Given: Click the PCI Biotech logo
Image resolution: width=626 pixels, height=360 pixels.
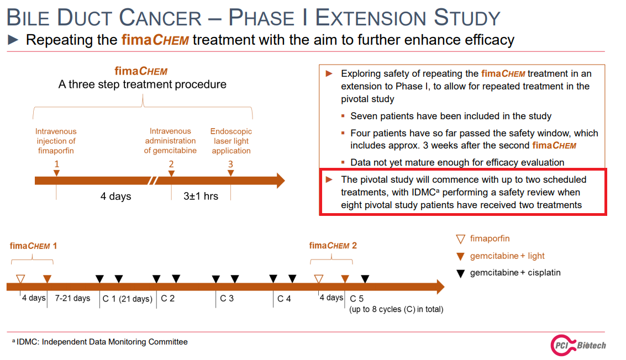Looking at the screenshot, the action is click(x=578, y=345).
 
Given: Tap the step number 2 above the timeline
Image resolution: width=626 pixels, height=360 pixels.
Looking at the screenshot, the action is click(x=171, y=164).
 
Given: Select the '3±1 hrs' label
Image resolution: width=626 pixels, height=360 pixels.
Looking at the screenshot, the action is click(x=201, y=197).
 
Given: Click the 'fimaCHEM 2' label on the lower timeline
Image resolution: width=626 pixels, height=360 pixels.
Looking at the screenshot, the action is click(x=333, y=246).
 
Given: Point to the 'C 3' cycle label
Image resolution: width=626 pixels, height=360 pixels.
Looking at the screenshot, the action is click(x=227, y=299).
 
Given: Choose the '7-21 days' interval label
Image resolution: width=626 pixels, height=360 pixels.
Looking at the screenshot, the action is click(x=73, y=298).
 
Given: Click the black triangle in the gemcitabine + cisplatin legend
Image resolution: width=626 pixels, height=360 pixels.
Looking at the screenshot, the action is click(x=461, y=273).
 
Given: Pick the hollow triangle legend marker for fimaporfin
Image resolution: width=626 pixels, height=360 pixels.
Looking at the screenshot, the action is click(x=461, y=239).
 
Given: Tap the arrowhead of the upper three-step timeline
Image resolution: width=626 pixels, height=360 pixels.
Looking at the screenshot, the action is click(x=281, y=181).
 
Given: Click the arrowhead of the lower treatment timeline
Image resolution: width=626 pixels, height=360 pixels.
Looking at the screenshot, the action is click(x=441, y=287).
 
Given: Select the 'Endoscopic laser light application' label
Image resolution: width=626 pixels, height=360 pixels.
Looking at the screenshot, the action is click(x=231, y=141).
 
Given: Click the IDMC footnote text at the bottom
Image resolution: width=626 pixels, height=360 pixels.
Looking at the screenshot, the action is click(x=100, y=342).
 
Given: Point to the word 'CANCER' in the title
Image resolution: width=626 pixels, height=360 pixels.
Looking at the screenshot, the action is click(x=160, y=18).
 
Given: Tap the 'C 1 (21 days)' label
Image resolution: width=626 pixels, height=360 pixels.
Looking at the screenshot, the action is click(x=128, y=299).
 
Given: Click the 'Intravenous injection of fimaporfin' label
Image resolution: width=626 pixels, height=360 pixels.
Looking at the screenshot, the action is click(x=56, y=141).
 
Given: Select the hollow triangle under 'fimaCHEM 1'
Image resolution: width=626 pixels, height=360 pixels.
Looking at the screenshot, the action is click(x=20, y=279).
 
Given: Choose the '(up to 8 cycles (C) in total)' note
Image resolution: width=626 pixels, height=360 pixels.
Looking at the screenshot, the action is click(x=396, y=309).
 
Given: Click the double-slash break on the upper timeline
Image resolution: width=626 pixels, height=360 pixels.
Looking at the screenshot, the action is click(x=152, y=181).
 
